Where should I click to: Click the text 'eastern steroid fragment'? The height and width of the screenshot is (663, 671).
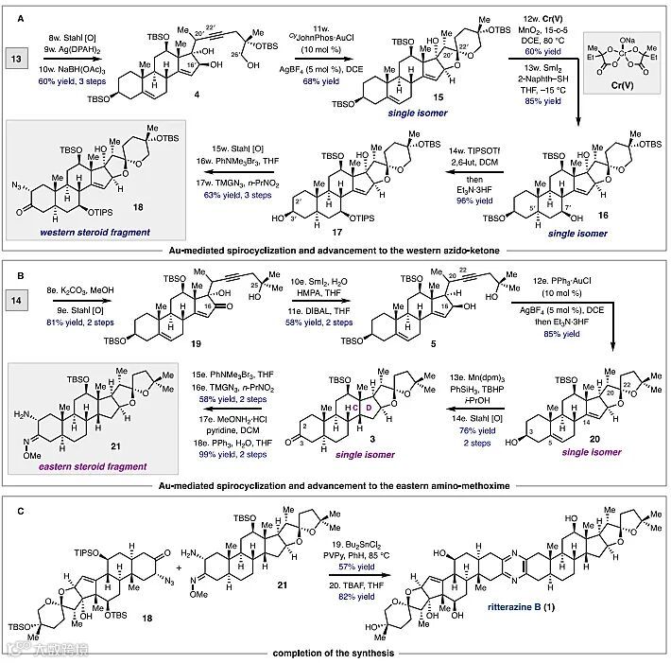(75, 465)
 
